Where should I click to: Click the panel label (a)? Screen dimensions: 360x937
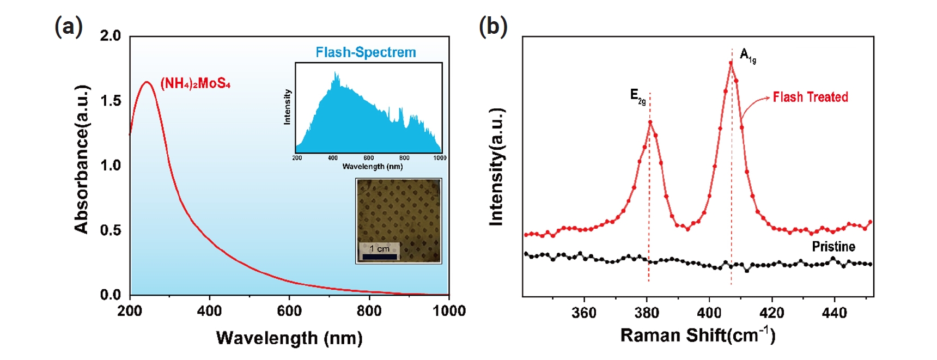point(69,27)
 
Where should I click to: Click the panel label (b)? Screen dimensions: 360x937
point(492,27)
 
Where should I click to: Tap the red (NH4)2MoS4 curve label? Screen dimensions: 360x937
point(195,84)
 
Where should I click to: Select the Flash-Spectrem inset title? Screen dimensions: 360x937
point(366,52)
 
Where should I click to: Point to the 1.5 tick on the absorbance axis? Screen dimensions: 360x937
point(111,101)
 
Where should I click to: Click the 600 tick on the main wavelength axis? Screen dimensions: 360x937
point(289,311)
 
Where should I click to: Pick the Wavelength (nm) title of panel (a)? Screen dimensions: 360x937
point(289,338)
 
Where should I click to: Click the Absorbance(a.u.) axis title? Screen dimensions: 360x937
point(81,159)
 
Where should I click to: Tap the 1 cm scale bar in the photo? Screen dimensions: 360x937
point(380,256)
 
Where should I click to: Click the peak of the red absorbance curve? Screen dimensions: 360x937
point(146,82)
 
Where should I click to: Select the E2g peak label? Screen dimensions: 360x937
point(638,96)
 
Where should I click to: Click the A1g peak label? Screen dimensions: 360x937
point(747,56)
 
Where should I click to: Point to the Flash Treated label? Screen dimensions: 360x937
point(810,97)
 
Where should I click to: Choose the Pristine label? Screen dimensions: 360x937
point(833,247)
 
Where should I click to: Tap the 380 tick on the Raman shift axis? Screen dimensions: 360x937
point(647,313)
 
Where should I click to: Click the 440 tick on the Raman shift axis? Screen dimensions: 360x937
point(834,313)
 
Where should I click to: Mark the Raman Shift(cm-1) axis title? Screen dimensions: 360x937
point(697,335)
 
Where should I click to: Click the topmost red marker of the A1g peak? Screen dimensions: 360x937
point(731,63)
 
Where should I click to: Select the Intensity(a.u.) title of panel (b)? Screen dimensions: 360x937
point(496,167)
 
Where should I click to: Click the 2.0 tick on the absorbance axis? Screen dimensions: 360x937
point(111,36)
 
